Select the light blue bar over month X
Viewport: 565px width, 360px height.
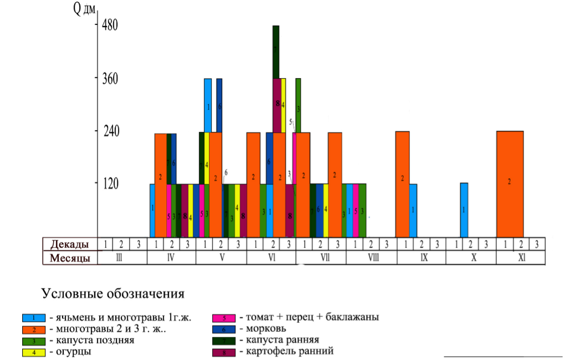[x=464, y=210]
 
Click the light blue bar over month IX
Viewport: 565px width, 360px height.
[x=413, y=210]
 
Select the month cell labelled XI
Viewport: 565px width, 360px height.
[x=521, y=258]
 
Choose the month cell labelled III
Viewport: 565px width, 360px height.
[x=122, y=258]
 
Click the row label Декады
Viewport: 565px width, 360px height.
[x=69, y=244]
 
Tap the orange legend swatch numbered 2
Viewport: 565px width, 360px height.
[x=34, y=329]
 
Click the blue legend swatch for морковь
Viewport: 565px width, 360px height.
[x=224, y=329]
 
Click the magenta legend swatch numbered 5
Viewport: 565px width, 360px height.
[x=224, y=318]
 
